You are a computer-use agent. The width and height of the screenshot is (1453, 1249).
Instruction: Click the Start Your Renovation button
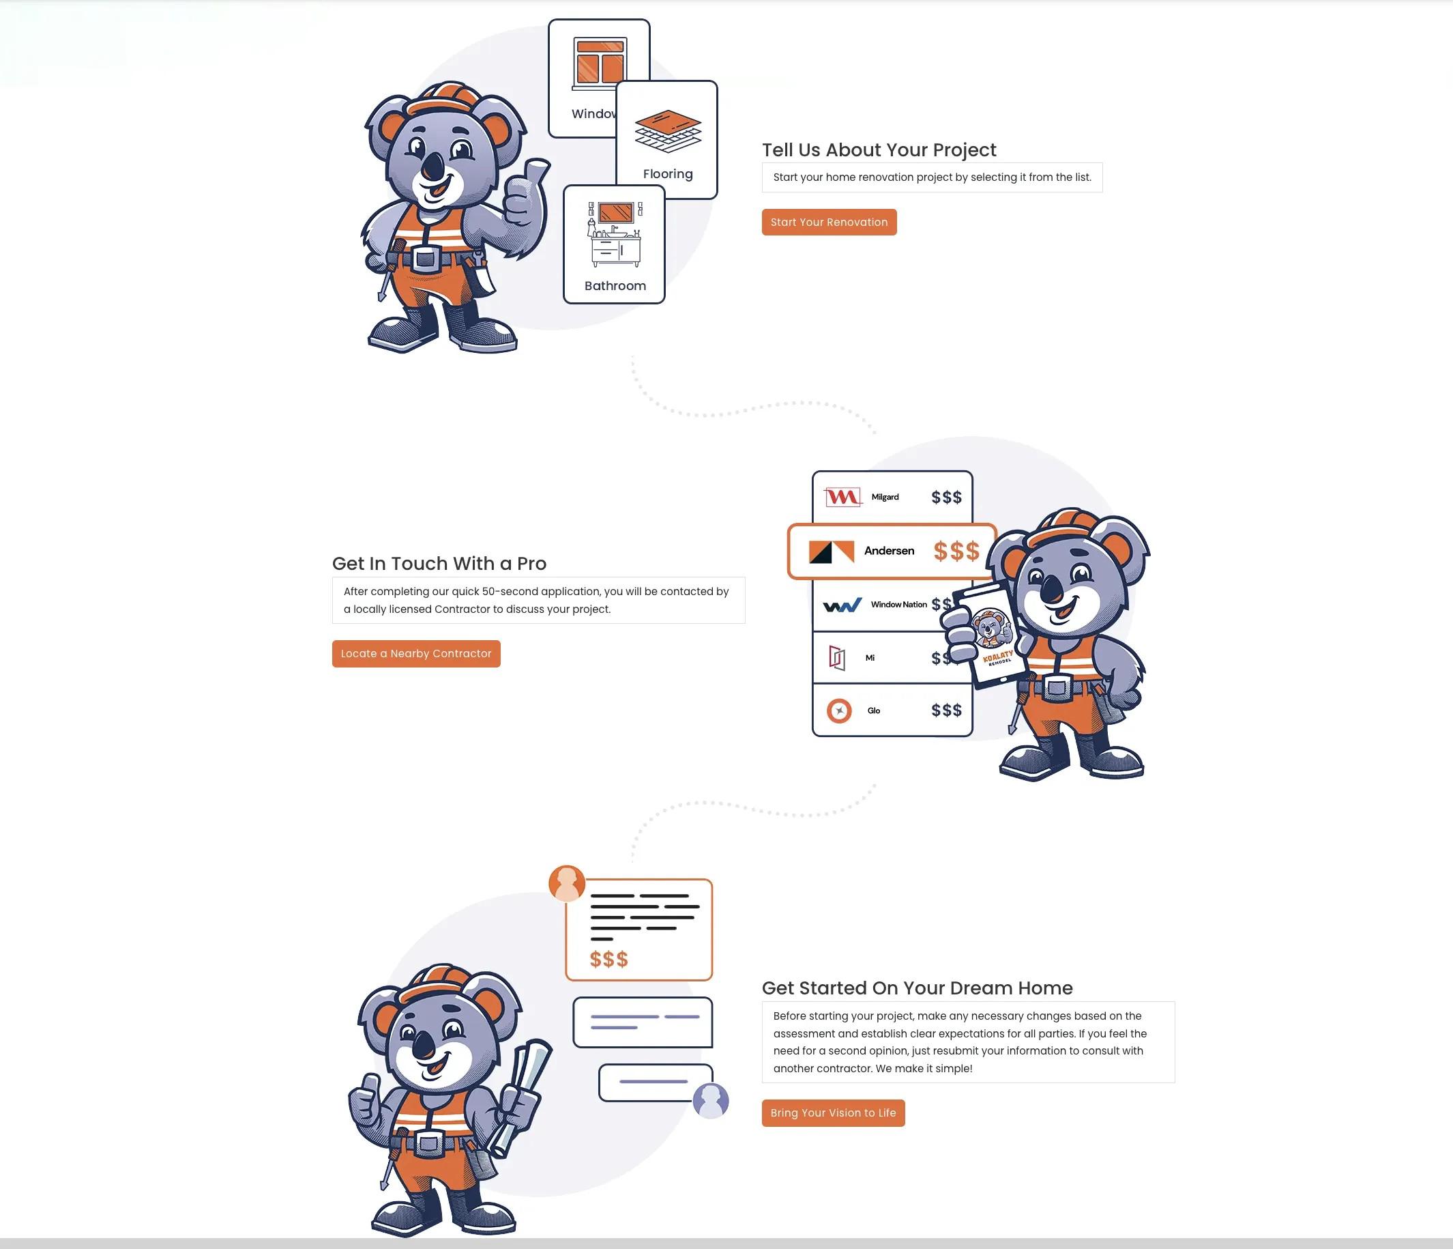pyautogui.click(x=829, y=222)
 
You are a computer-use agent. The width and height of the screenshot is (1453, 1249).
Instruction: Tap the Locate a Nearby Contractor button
pyautogui.click(x=416, y=654)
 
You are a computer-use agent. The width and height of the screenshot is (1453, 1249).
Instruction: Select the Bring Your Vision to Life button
pyautogui.click(x=833, y=1113)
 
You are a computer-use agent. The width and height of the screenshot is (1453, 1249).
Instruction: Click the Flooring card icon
pyautogui.click(x=668, y=131)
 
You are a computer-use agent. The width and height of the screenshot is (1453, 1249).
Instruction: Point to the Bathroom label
pyautogui.click(x=615, y=285)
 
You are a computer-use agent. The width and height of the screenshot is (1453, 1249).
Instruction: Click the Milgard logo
pyautogui.click(x=842, y=498)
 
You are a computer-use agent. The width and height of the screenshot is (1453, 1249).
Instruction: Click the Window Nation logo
pyautogui.click(x=842, y=605)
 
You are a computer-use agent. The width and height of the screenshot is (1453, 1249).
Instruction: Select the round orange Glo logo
pyautogui.click(x=838, y=710)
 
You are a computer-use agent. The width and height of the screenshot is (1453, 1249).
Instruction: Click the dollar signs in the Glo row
pyautogui.click(x=946, y=710)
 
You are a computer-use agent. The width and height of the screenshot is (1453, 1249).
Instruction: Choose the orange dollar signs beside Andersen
pyautogui.click(x=956, y=551)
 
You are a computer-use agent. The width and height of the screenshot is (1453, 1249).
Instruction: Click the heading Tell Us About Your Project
pyautogui.click(x=879, y=150)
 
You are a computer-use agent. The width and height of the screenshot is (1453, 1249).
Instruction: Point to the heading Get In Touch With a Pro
pyautogui.click(x=439, y=564)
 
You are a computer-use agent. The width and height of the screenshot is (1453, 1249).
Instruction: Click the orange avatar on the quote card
pyautogui.click(x=567, y=883)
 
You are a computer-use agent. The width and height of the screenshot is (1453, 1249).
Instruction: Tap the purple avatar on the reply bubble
pyautogui.click(x=710, y=1100)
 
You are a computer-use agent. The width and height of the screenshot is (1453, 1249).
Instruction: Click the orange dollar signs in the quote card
pyautogui.click(x=608, y=959)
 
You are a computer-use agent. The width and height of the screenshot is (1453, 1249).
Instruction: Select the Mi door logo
pyautogui.click(x=837, y=658)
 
